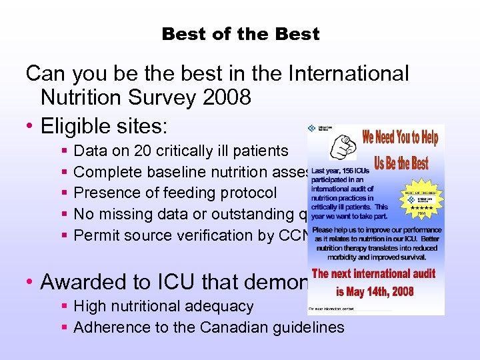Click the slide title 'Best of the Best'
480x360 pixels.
click(x=240, y=34)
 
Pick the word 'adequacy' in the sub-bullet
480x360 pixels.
click(x=221, y=307)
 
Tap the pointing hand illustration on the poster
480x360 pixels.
click(x=335, y=144)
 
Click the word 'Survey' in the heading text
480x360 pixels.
click(x=165, y=98)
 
